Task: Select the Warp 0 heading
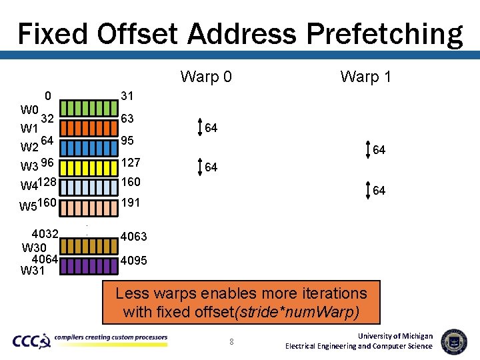pos(206,77)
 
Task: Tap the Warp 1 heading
pos(365,77)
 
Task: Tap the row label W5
pos(28,206)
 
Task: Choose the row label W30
pos(34,248)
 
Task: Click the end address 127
pos(131,163)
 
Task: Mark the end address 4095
pos(133,261)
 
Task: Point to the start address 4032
pos(45,234)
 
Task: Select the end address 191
pos(131,203)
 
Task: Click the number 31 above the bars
pos(127,96)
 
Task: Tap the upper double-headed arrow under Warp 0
pos(200,127)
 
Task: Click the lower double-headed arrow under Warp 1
pos(369,191)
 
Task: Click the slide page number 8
pos(231,342)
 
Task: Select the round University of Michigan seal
pos(454,341)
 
